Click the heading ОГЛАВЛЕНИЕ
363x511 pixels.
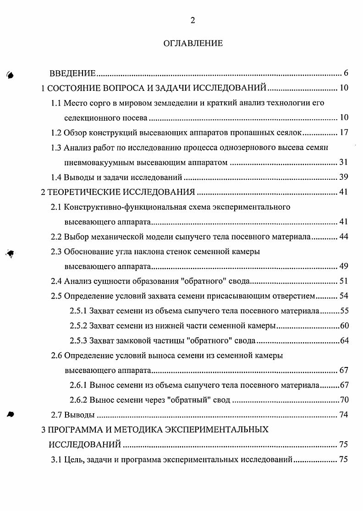(192, 44)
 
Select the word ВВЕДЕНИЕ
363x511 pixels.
(72, 73)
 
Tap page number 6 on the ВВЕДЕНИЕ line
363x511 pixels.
(346, 73)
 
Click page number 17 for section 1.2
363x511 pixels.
(344, 133)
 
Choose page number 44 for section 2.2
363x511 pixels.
(344, 237)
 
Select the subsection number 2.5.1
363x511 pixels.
(78, 311)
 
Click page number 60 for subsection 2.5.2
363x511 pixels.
(344, 326)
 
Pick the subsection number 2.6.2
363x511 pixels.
(78, 400)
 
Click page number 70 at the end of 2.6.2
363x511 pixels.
(344, 400)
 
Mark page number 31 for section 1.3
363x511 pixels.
(344, 162)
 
